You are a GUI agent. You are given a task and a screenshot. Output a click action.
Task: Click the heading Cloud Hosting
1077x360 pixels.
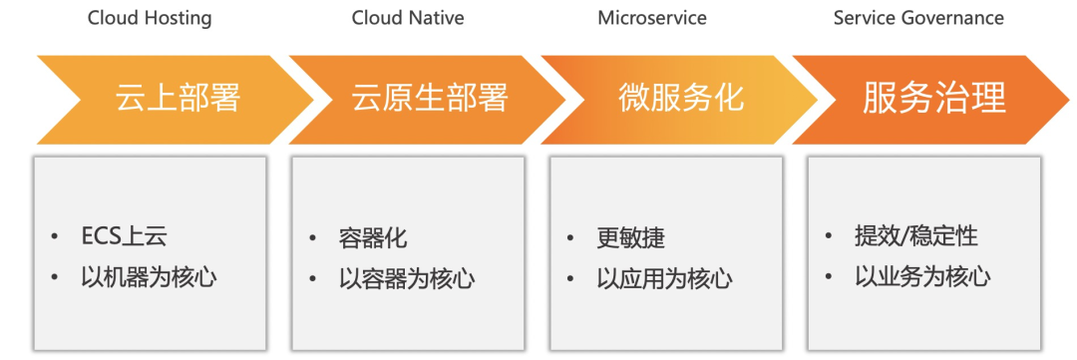(x=150, y=19)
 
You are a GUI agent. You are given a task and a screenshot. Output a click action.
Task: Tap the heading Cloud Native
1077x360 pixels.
(x=408, y=18)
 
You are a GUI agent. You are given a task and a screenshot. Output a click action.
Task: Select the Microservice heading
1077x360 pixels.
(x=652, y=18)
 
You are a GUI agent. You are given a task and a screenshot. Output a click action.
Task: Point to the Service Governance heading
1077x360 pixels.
(x=919, y=18)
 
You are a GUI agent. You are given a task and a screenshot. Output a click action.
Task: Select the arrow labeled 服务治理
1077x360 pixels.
(x=930, y=100)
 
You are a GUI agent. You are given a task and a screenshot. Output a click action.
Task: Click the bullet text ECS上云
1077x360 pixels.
(x=125, y=236)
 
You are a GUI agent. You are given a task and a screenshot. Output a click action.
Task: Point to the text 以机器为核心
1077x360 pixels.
(x=149, y=277)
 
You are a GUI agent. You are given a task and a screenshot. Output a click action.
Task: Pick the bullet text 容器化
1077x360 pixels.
(x=373, y=238)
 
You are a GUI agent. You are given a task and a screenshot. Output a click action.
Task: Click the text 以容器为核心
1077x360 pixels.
(x=407, y=279)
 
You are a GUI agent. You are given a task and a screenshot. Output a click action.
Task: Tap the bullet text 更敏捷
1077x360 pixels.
(x=631, y=238)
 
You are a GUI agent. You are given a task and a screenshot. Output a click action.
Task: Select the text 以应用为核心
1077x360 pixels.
(x=665, y=279)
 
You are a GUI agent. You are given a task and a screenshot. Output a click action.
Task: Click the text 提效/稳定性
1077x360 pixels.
(x=916, y=237)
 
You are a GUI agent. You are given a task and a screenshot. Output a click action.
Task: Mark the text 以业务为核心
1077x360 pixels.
(x=922, y=277)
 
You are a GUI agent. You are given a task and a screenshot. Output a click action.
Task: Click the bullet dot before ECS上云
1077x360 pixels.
(x=55, y=237)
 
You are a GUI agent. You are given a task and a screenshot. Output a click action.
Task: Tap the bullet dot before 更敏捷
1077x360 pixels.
(x=570, y=238)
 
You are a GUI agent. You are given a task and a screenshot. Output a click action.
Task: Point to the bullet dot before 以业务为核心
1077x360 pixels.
(x=829, y=277)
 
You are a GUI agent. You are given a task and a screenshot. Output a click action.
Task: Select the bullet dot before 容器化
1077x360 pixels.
(x=312, y=238)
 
